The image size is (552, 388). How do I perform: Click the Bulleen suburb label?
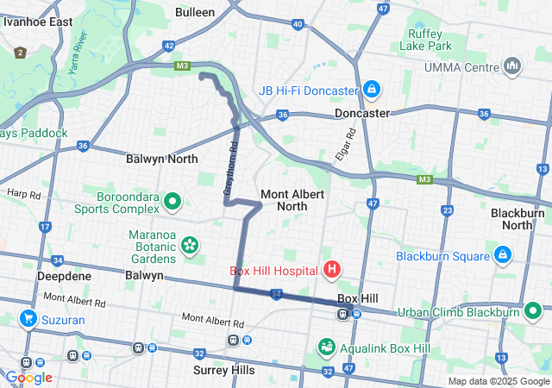pos(194,13)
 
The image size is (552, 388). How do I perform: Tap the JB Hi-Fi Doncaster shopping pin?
pos(371,90)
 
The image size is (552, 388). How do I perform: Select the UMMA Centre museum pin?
pos(512,66)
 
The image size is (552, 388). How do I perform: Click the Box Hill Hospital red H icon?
pos(331,271)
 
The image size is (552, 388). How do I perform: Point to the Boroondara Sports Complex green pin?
pos(172,203)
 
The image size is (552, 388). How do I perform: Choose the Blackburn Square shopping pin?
pos(502,256)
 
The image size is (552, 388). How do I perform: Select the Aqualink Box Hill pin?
pos(327,347)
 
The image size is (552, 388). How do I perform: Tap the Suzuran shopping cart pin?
pos(29,318)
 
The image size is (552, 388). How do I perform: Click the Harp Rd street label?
pos(23,194)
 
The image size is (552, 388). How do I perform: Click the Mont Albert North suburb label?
pos(292,200)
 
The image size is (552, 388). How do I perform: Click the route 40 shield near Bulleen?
pos(297,24)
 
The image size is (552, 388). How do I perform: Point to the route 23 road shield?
pos(447,210)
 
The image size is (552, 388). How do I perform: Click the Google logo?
pos(28,378)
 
